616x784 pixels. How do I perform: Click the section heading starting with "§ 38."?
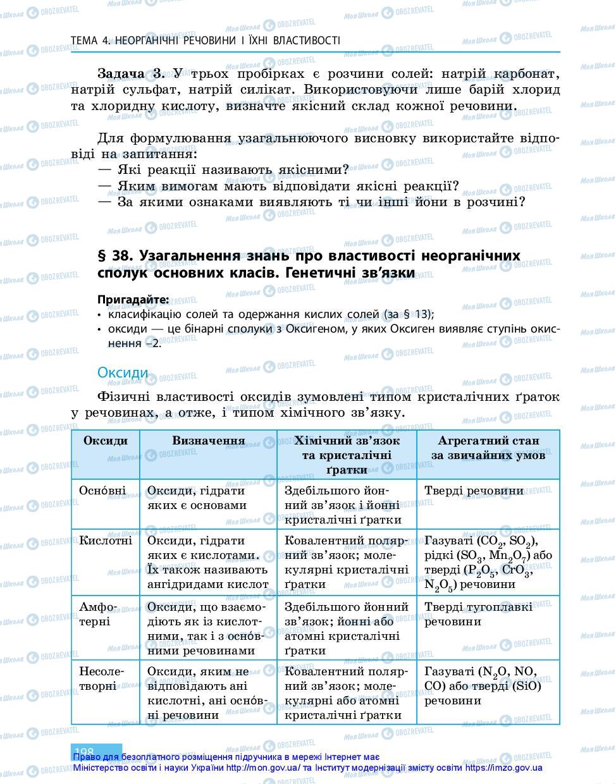coord(309,264)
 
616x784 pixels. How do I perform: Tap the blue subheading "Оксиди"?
coord(123,372)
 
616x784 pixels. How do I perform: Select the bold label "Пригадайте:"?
coord(133,299)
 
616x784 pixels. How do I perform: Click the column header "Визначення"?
coord(208,441)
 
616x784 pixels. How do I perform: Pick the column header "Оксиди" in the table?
coord(105,441)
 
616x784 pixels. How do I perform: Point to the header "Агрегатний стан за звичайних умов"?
coord(488,448)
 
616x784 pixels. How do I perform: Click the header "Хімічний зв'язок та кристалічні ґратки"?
coord(347,455)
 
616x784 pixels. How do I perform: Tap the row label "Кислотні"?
coord(106,541)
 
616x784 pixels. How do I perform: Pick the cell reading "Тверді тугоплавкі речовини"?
coord(479,614)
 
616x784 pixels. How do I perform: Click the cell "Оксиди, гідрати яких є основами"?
coord(197,498)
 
